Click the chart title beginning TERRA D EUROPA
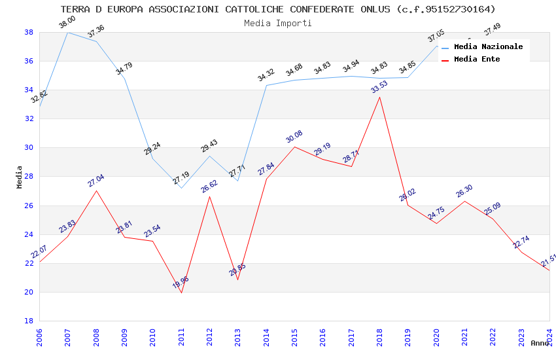pyautogui.click(x=278, y=9)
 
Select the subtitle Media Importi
pyautogui.click(x=278, y=23)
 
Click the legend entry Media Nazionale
pyautogui.click(x=488, y=46)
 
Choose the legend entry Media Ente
pyautogui.click(x=477, y=59)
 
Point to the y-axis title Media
pyautogui.click(x=20, y=177)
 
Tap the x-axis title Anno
pyautogui.click(x=540, y=343)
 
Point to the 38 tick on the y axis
pyautogui.click(x=29, y=32)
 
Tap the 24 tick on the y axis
pyautogui.click(x=29, y=234)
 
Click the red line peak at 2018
pyautogui.click(x=379, y=97)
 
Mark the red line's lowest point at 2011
pyautogui.click(x=181, y=293)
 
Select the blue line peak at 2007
pyautogui.click(x=68, y=32)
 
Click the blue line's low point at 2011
pyautogui.click(x=181, y=188)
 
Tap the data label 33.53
pyautogui.click(x=379, y=87)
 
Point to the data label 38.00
pyautogui.click(x=67, y=22)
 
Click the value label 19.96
pyautogui.click(x=181, y=283)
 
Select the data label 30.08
pyautogui.click(x=294, y=137)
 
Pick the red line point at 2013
pyautogui.click(x=237, y=279)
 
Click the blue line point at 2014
pyautogui.click(x=266, y=85)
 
